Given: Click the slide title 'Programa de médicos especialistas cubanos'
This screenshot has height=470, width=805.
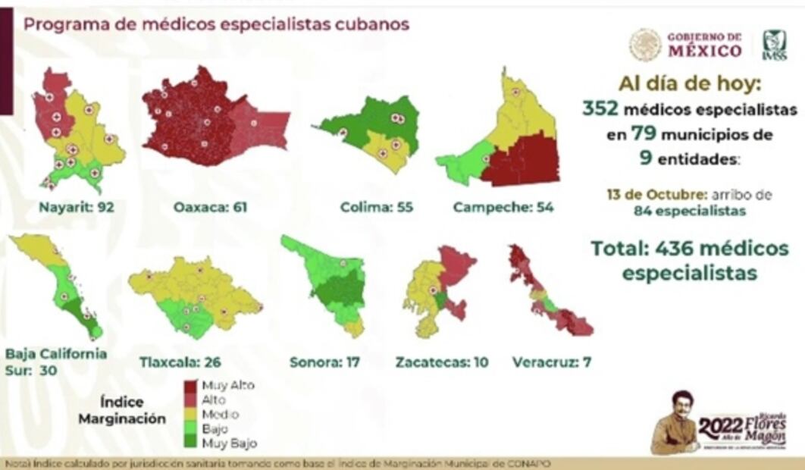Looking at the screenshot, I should [217, 24].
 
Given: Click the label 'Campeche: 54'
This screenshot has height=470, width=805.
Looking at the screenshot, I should [503, 207].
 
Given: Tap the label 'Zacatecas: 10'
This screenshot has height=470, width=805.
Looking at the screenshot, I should [442, 362].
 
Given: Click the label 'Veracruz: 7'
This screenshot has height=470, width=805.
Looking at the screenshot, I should [552, 362].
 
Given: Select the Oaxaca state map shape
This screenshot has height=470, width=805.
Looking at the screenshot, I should [205, 121].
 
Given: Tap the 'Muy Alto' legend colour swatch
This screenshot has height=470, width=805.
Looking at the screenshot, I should [191, 385].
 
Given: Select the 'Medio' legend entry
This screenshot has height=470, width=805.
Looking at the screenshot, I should [220, 415].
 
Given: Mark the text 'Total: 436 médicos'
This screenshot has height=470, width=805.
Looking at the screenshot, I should [690, 249].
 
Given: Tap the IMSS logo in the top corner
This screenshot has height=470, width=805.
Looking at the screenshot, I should [774, 44].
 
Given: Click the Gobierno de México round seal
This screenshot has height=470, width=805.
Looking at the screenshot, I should [645, 45].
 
